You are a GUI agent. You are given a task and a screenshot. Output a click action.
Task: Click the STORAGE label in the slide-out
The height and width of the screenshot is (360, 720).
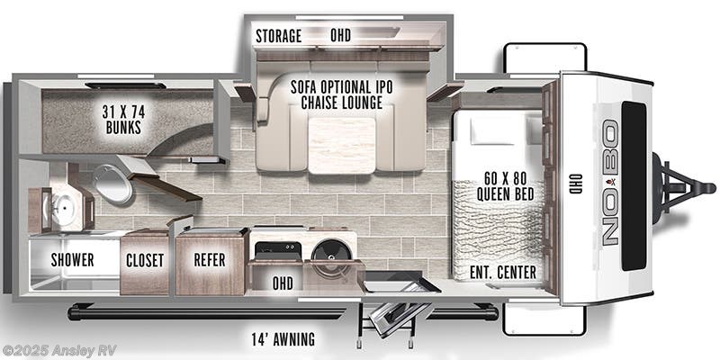coord(278,36)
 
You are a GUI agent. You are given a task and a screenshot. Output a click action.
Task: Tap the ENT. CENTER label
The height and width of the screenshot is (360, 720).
coord(503,272)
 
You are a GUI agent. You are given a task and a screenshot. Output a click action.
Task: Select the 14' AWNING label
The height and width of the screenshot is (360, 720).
coord(283,339)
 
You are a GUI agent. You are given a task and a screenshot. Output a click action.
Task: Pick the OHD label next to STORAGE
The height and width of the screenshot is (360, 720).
coord(340,36)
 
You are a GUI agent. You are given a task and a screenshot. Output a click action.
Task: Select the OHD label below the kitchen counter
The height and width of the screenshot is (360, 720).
coord(283,283)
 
